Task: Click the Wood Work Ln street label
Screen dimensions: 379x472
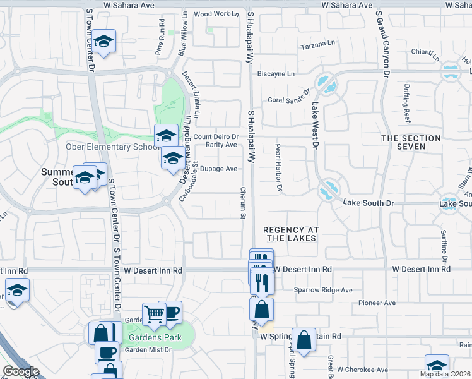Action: (x=216, y=14)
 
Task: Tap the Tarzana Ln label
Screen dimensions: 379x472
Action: (x=318, y=44)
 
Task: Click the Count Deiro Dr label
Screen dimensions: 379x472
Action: (x=216, y=136)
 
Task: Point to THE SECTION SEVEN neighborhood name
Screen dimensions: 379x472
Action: (x=411, y=142)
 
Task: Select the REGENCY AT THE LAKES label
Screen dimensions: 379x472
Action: (x=291, y=234)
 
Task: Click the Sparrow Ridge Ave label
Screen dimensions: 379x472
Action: (x=323, y=290)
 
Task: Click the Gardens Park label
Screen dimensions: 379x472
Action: (x=155, y=337)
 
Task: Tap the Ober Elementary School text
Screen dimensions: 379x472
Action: (x=109, y=147)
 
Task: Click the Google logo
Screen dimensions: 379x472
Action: (x=21, y=371)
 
